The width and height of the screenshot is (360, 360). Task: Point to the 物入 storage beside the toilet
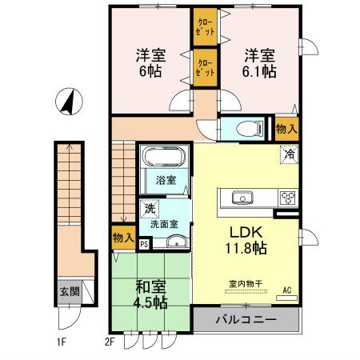(x=287, y=128)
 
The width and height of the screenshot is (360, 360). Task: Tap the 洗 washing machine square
(x=149, y=209)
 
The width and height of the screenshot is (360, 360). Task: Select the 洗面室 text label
(x=165, y=225)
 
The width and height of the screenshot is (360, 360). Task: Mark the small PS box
(x=144, y=245)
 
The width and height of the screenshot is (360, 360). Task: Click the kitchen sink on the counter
(x=241, y=198)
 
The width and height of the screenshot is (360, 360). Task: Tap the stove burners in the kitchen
(x=287, y=198)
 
